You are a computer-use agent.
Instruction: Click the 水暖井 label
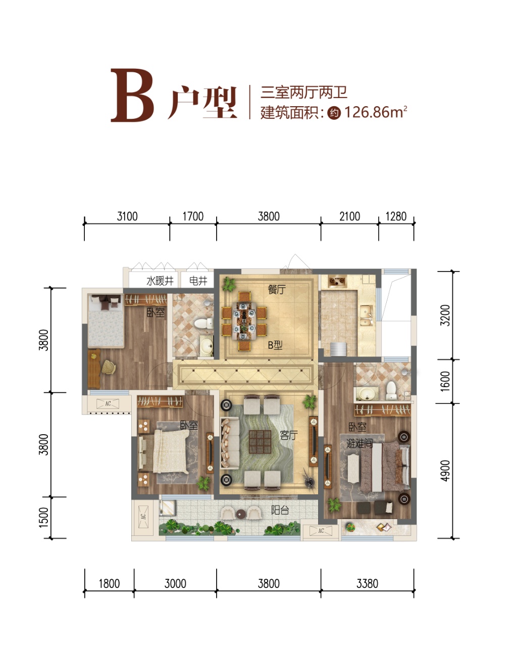[160, 281]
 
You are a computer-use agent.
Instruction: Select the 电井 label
[198, 281]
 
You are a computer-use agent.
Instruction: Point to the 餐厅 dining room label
[276, 289]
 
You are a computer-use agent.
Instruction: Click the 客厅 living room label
[289, 435]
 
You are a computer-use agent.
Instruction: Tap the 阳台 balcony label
[280, 510]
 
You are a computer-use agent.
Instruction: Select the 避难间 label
[359, 443]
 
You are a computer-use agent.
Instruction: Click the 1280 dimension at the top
[396, 216]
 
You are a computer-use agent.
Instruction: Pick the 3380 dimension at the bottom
[367, 584]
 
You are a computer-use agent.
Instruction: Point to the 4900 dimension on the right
[445, 471]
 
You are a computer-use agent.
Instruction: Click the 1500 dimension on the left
[44, 518]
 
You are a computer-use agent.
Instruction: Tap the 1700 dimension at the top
[193, 216]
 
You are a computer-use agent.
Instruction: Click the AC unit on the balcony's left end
[143, 517]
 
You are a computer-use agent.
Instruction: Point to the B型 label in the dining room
[275, 345]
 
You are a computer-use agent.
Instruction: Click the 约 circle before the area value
[334, 113]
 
